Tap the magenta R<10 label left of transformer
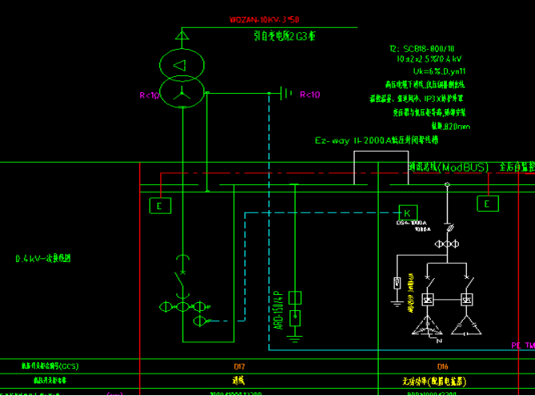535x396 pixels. pos(150,95)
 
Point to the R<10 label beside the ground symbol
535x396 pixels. pos(310,95)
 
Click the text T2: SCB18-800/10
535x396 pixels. pos(421,49)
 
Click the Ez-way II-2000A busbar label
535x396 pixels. pos(376,141)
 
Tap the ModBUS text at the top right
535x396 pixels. pos(461,168)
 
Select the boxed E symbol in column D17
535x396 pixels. pos(160,206)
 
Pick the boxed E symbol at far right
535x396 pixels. pos(487,204)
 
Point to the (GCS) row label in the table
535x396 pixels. pos(55,367)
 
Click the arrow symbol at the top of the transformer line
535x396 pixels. pos(182,35)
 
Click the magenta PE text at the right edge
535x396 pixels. pos(517,345)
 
